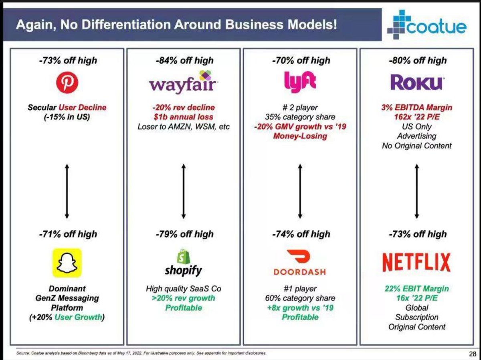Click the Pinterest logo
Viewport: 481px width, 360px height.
[67, 83]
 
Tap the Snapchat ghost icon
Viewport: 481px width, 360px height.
[67, 263]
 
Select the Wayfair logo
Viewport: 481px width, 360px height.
[184, 82]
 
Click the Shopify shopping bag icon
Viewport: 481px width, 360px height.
[184, 256]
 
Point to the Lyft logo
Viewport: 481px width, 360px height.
[300, 83]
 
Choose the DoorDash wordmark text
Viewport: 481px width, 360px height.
[300, 272]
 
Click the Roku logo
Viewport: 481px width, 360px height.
[416, 83]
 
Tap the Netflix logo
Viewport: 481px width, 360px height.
[416, 263]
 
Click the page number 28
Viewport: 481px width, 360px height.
[473, 354]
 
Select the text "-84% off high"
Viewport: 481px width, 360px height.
[184, 61]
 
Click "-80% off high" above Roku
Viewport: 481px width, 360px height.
[418, 61]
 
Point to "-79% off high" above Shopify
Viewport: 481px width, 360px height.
[184, 234]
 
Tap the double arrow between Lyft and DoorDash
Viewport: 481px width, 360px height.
[300, 191]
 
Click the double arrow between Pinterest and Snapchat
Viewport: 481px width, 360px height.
[67, 191]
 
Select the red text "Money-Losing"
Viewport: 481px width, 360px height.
[300, 136]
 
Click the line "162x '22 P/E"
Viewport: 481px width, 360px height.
[417, 117]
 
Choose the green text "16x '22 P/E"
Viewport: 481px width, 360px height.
[417, 298]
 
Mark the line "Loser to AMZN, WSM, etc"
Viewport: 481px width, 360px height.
[184, 127]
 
